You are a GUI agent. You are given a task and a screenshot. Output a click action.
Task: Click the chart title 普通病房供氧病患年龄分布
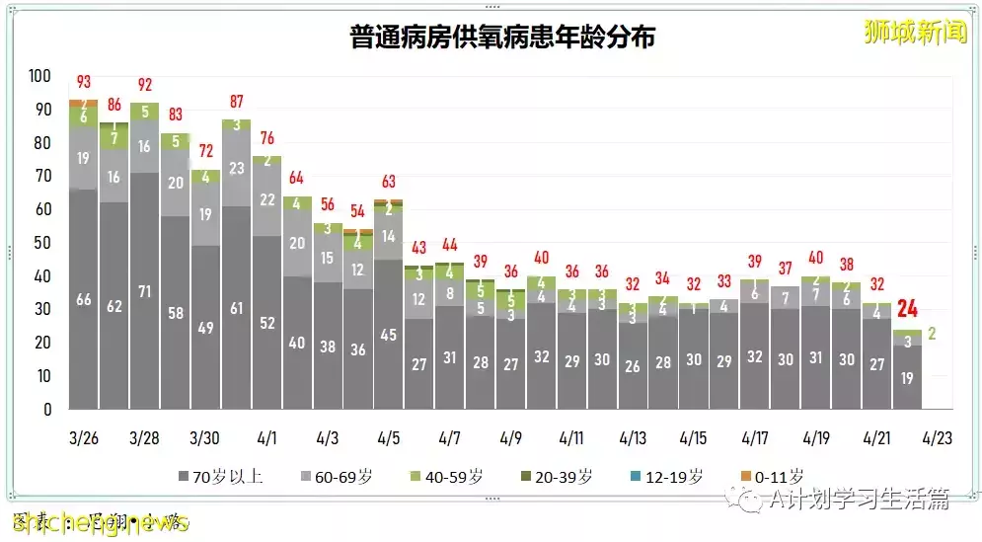[x=503, y=38]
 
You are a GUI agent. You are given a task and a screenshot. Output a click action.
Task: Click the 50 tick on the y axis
[x=43, y=243]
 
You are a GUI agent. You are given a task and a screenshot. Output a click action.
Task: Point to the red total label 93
[x=84, y=81]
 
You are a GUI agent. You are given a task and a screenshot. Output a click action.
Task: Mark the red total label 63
[x=388, y=182]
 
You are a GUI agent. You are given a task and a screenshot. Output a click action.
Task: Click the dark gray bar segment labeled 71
[x=144, y=291]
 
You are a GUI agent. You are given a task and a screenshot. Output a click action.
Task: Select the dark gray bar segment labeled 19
[x=906, y=376]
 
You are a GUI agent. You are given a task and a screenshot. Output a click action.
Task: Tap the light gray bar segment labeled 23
[x=236, y=169]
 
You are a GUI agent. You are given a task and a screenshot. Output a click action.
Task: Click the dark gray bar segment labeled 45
[x=388, y=334]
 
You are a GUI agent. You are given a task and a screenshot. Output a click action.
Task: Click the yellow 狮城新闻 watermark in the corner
[x=915, y=33]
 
